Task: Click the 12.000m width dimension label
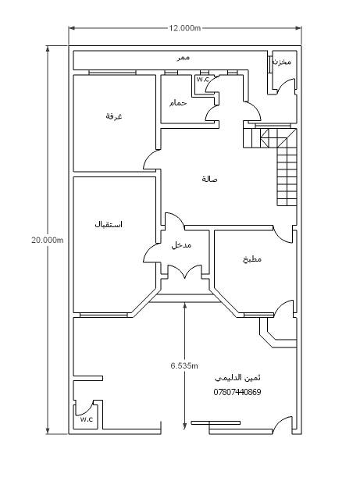pyautogui.click(x=185, y=28)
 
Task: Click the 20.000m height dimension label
pyautogui.click(x=48, y=240)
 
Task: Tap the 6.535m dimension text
pyautogui.click(x=184, y=365)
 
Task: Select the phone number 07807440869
pyautogui.click(x=237, y=392)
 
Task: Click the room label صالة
pyautogui.click(x=209, y=179)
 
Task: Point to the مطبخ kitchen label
pyautogui.click(x=252, y=259)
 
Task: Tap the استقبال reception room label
pyautogui.click(x=109, y=225)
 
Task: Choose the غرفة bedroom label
pyautogui.click(x=114, y=116)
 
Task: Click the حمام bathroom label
pyautogui.click(x=178, y=103)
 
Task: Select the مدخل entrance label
pyautogui.click(x=181, y=245)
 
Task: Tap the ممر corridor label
pyautogui.click(x=184, y=58)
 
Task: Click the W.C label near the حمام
pyautogui.click(x=202, y=80)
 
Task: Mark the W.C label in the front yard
pyautogui.click(x=87, y=419)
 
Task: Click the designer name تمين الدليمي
pyautogui.click(x=237, y=378)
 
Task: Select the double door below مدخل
pyautogui.click(x=184, y=272)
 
